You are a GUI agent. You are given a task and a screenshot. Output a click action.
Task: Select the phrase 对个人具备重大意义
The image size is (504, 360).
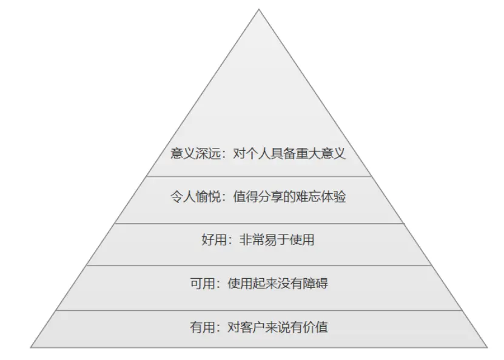point(289,153)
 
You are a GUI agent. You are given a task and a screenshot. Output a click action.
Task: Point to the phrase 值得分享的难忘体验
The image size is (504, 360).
point(289,197)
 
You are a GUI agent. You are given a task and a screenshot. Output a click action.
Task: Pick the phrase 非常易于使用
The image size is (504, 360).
point(277,240)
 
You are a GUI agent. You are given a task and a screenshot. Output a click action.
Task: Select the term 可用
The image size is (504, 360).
point(201,283)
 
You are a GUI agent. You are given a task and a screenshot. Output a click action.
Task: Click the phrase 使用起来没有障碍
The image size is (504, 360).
point(277,283)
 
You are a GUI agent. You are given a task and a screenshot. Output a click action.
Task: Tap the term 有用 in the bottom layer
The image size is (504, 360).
point(201,328)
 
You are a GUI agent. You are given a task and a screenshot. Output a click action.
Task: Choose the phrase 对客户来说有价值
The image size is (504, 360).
point(277,328)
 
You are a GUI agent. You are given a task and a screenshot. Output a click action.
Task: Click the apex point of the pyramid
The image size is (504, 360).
point(259,10)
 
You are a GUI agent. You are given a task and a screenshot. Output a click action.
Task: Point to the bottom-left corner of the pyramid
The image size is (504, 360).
point(32,347)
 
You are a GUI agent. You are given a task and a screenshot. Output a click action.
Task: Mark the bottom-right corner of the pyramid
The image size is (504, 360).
point(487,347)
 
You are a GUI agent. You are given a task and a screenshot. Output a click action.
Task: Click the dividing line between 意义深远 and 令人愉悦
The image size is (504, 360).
point(259,176)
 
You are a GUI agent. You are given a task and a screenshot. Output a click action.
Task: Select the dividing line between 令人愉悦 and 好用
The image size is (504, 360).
point(259,223)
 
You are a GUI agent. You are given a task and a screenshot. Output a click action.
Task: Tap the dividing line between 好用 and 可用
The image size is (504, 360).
point(259,265)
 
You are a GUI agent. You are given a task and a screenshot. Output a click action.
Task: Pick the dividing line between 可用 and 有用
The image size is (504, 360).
point(259,310)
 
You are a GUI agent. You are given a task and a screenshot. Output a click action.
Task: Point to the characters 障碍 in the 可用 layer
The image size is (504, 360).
point(315,283)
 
